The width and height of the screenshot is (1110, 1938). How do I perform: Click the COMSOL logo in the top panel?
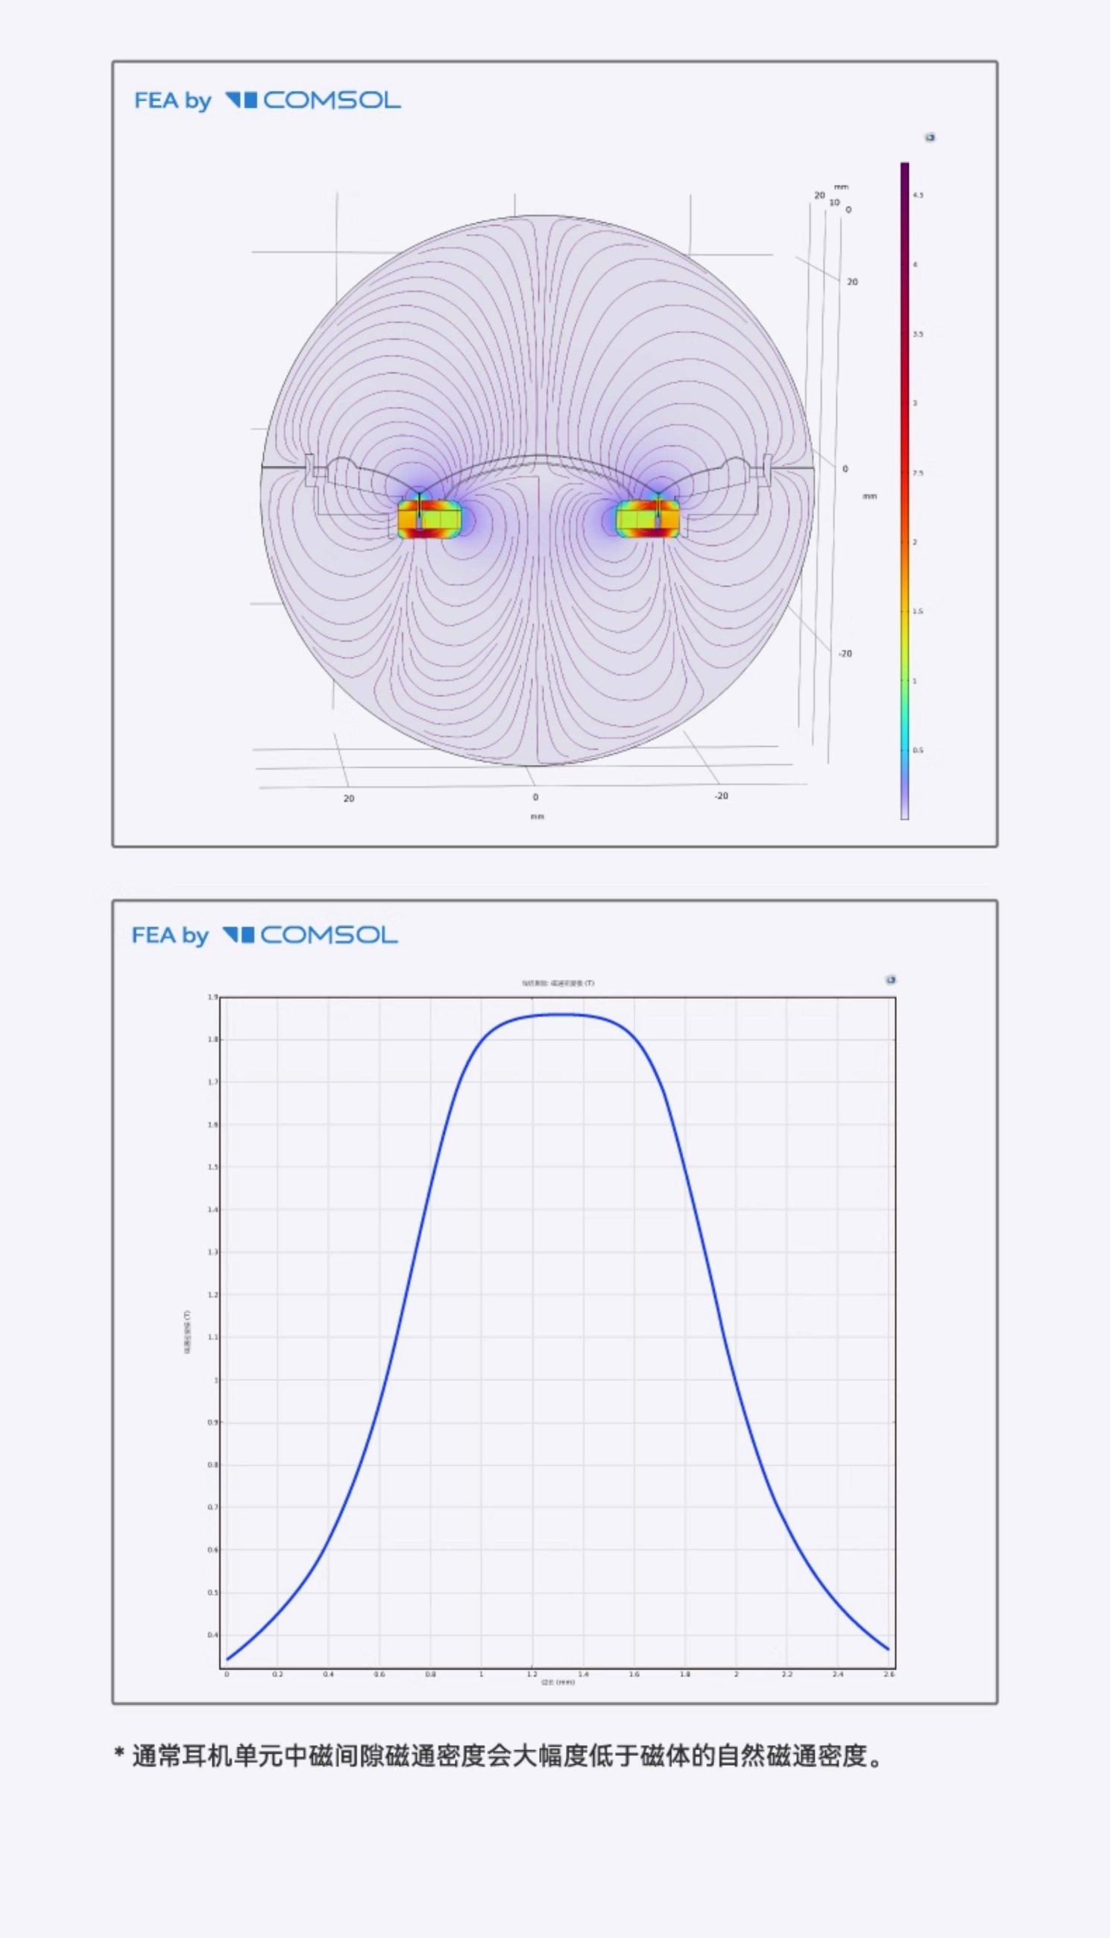point(312,101)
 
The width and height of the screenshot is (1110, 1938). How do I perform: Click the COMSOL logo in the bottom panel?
point(309,935)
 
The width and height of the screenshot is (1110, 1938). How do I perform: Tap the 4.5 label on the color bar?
point(918,196)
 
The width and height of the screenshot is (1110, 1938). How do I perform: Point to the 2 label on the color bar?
point(915,543)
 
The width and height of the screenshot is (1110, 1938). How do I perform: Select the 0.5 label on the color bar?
point(918,751)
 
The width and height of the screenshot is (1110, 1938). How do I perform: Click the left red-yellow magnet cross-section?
point(430,519)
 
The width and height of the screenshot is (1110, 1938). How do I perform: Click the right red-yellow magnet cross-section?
point(647,519)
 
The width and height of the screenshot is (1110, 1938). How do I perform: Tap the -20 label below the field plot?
point(721,796)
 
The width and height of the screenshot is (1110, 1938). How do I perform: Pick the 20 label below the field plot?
point(349,798)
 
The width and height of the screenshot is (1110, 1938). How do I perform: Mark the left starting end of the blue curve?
point(227,1659)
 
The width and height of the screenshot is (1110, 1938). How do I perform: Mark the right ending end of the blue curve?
point(888,1650)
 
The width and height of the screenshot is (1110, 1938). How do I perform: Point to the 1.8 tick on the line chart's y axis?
point(213,1040)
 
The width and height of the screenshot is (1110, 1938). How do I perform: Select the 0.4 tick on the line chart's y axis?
point(212,1635)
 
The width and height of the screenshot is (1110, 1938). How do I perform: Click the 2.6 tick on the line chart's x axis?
point(889,1674)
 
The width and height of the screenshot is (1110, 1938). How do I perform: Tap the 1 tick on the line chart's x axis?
point(481,1674)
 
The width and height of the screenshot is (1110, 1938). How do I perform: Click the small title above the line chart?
point(558,983)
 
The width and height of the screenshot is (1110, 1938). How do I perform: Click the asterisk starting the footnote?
point(120,1755)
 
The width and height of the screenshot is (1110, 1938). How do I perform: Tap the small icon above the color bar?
point(930,138)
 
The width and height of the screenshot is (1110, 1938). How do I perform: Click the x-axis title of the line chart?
point(558,1682)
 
